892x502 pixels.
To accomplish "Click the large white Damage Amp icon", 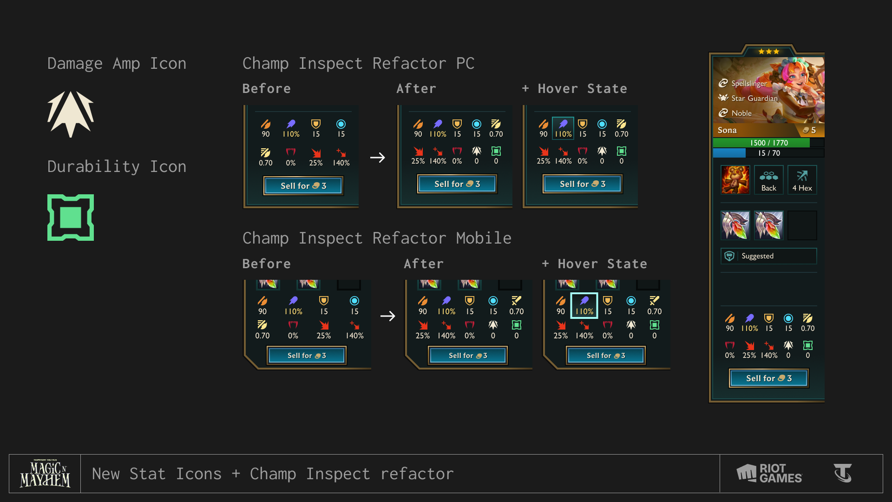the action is [x=71, y=114].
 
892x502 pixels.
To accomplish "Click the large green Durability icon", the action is [x=71, y=218].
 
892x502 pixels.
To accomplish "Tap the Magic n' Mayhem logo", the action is [x=45, y=474].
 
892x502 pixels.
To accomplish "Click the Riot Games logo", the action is [x=769, y=474].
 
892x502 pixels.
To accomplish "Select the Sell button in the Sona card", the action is [x=769, y=378].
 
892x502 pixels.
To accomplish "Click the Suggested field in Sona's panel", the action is [x=769, y=256].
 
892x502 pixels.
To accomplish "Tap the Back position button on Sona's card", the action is [x=769, y=180].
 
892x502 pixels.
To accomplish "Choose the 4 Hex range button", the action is [x=802, y=180].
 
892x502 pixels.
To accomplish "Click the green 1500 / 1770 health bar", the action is [x=769, y=143].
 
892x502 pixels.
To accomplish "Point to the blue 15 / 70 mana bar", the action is [x=769, y=153].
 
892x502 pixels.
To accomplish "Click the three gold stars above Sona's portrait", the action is [x=769, y=51].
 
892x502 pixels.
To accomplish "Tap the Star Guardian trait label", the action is [x=754, y=98].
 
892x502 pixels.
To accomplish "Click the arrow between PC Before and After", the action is [x=378, y=158].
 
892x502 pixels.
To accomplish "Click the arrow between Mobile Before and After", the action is [x=388, y=316].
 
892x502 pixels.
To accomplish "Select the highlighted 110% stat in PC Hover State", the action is [x=563, y=128].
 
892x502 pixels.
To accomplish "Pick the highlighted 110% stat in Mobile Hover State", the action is [x=584, y=306].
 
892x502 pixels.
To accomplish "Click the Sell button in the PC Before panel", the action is [x=303, y=186].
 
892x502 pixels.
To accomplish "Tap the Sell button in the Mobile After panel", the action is [x=468, y=356].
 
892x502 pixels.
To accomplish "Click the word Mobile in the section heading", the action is [x=484, y=238].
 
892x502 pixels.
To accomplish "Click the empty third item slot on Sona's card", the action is [x=802, y=225].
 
